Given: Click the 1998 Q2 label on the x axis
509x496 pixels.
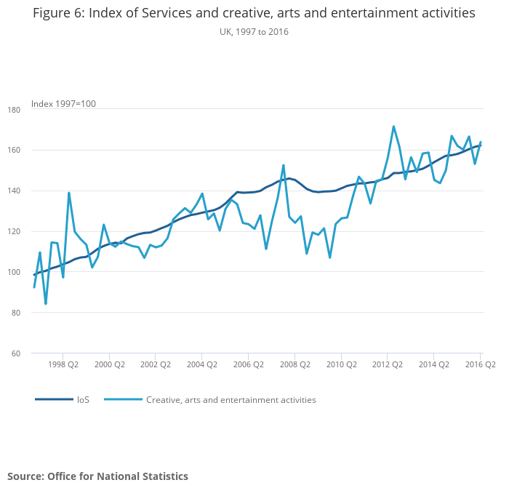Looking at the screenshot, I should click(63, 365).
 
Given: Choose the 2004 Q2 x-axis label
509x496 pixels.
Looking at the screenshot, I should click(201, 365).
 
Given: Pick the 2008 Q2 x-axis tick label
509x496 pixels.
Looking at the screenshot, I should click(294, 365).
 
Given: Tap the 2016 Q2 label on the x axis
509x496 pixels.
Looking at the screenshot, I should click(480, 365).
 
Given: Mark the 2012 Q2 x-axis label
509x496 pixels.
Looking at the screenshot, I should click(388, 365).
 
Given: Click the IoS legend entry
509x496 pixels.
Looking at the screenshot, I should click(83, 399).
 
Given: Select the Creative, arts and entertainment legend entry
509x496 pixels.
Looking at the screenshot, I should click(231, 399).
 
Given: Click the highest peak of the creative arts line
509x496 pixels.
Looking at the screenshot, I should click(393, 127).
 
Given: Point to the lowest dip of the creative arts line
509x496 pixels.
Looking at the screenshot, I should click(46, 303).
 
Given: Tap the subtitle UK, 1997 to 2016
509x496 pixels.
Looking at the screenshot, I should click(254, 32).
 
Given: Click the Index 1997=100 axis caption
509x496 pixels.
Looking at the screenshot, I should click(63, 104).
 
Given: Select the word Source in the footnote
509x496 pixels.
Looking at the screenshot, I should click(25, 476).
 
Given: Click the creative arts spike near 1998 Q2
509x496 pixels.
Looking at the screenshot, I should click(69, 193).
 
